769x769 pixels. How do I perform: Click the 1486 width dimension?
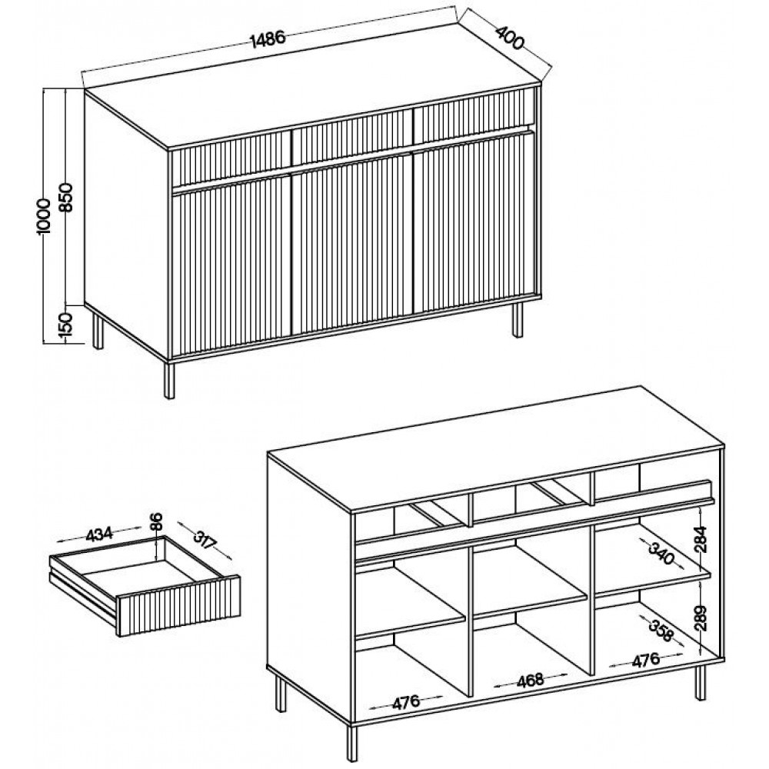point(268,38)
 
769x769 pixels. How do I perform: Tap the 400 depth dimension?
point(510,37)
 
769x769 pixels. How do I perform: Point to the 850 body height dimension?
point(66,197)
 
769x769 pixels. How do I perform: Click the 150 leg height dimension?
point(66,325)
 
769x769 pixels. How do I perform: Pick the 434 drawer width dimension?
point(99,534)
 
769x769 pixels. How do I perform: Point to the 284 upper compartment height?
point(702,540)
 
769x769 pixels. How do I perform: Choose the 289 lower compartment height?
point(702,618)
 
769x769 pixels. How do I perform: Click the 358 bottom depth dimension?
point(661,631)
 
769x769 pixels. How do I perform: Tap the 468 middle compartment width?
point(531,681)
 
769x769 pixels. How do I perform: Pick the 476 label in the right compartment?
point(646,660)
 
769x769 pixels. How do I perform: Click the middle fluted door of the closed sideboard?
point(352,244)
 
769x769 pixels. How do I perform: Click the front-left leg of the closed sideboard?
point(169,381)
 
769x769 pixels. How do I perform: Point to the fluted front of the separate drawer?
point(179,607)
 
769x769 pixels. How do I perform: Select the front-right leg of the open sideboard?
point(701,682)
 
